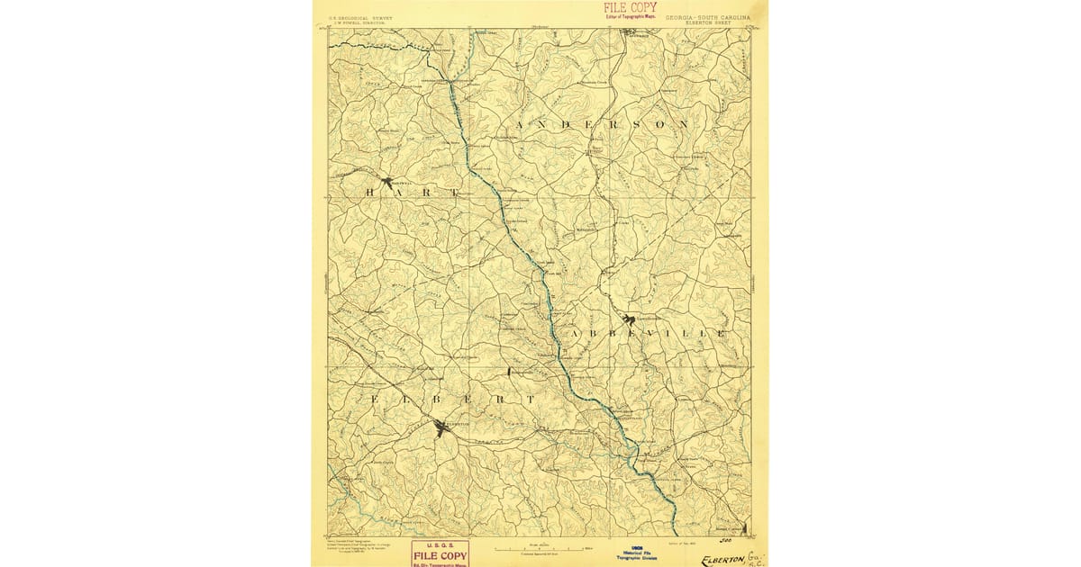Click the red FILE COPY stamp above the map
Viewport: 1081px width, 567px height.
pyautogui.click(x=630, y=7)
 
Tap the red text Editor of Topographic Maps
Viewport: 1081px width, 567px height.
pyautogui.click(x=630, y=16)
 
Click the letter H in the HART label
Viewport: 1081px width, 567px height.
pyautogui.click(x=369, y=193)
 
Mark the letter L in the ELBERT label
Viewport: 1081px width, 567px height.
pyautogui.click(x=398, y=398)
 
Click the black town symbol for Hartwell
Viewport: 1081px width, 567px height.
pyautogui.click(x=388, y=182)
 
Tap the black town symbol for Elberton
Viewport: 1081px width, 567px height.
pyautogui.click(x=441, y=428)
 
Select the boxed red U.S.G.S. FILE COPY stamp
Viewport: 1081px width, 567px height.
pyautogui.click(x=440, y=553)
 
